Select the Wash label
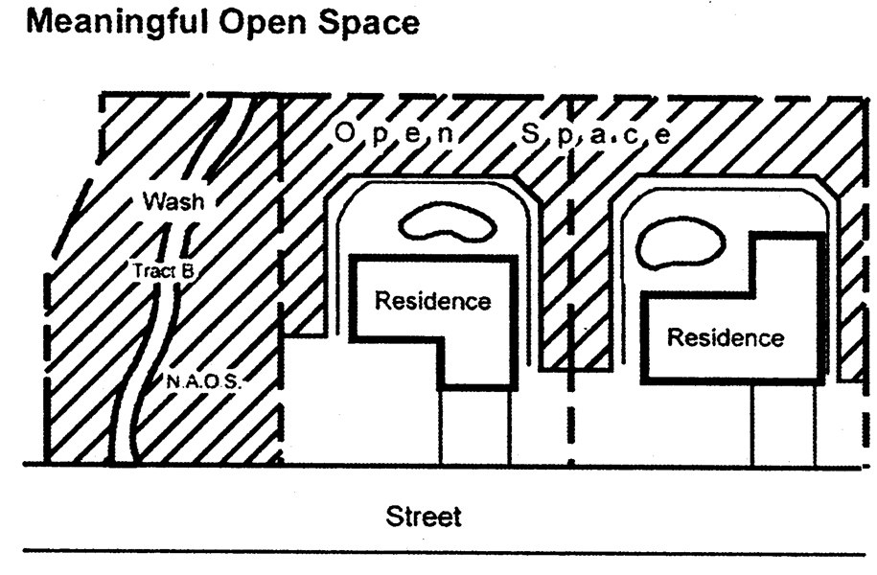pos(173,202)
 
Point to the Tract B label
pos(165,270)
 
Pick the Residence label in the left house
pos(432,301)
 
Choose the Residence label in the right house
pos(725,337)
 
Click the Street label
pos(424,517)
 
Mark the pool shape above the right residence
pos(681,243)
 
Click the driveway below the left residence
pos(474,426)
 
